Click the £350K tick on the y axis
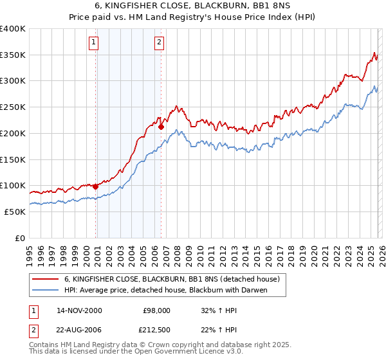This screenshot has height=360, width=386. click(13, 55)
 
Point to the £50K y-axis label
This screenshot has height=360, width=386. click(15, 212)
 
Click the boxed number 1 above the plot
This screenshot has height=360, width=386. click(94, 43)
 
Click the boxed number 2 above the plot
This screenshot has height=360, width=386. click(158, 43)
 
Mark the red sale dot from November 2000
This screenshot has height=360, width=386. click(96, 186)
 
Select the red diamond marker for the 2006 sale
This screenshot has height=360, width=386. click(161, 127)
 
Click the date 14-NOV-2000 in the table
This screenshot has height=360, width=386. click(79, 310)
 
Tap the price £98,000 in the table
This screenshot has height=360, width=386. click(156, 310)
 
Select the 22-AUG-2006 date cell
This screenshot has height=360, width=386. click(79, 330)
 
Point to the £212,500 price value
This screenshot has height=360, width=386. click(156, 330)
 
